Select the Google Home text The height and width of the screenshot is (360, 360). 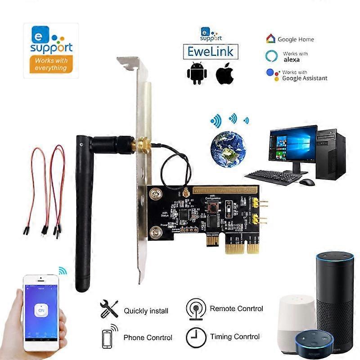coord(296,40)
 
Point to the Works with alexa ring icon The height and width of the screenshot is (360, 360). coord(271,56)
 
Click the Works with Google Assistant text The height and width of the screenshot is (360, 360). coord(304,75)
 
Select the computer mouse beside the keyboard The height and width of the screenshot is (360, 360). coord(306,182)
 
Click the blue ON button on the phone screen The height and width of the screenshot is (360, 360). coord(41,310)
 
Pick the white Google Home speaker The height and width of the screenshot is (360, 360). coord(297,320)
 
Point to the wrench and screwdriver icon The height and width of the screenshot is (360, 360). coord(108,309)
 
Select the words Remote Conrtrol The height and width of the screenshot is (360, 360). coord(236,309)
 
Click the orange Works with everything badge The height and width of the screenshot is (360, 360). coord(50,64)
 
